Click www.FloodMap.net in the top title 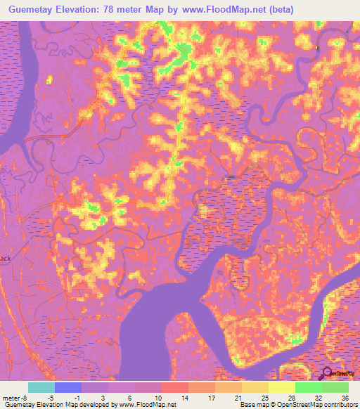218,9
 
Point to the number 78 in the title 112,9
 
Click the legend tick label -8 26,396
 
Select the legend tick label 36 345,396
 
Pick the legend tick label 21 238,396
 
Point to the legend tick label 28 292,396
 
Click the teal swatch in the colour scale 41,387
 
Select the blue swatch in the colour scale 68,387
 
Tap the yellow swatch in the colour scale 281,387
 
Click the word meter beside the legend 11,396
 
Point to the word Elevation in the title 78,9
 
